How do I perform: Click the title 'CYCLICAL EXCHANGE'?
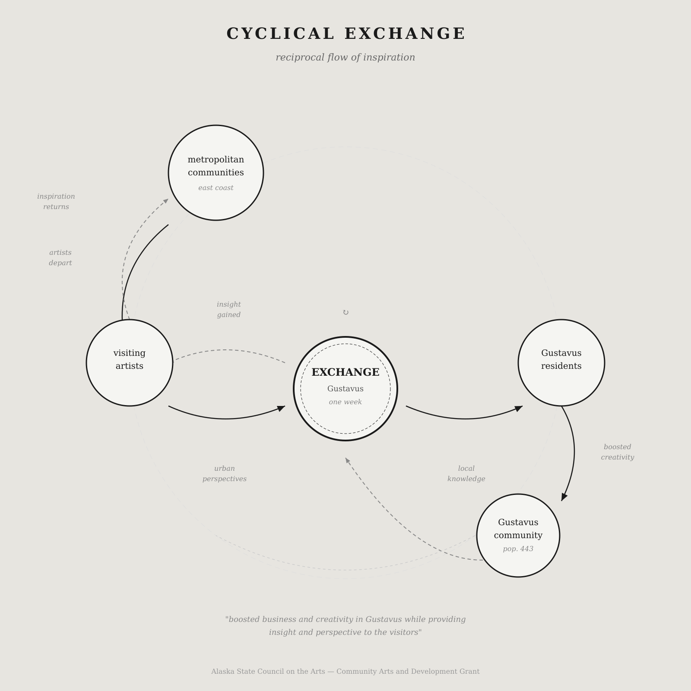click(345, 34)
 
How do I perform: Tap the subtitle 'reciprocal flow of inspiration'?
click(345, 57)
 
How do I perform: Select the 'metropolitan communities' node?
click(216, 173)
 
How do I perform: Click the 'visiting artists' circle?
click(130, 363)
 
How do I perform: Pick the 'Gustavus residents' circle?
click(561, 363)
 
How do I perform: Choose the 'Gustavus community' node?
click(518, 535)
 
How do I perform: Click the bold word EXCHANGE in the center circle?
click(345, 372)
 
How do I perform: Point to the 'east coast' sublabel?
click(216, 188)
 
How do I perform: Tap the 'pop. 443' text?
click(518, 549)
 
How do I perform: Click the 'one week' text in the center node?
click(345, 402)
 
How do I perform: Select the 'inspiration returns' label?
click(56, 202)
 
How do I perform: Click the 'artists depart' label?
click(60, 258)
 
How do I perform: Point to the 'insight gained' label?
click(229, 310)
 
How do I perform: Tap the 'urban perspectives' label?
click(225, 474)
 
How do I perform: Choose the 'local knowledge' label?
click(466, 474)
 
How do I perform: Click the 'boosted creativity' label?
click(618, 452)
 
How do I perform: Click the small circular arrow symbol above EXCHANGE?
click(345, 312)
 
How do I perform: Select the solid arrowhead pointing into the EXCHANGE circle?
click(281, 408)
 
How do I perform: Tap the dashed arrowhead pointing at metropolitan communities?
click(166, 201)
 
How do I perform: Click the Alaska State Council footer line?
click(345, 672)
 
